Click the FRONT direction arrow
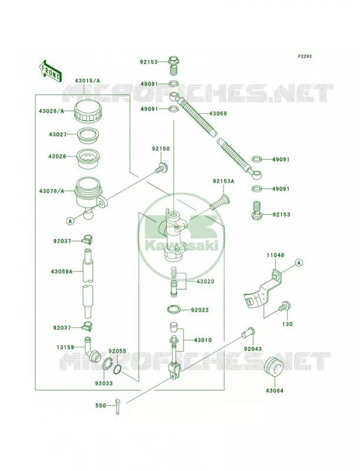(50, 71)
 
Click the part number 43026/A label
(51, 111)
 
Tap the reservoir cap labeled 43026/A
(88, 111)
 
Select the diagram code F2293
(305, 56)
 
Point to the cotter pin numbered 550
(117, 406)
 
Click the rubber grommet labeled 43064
(274, 366)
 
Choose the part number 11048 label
(275, 256)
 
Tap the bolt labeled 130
(284, 307)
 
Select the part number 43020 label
(206, 281)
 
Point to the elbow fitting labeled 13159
(93, 349)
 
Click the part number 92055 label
(117, 351)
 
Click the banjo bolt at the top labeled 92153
(172, 65)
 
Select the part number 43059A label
(62, 271)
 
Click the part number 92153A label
(223, 181)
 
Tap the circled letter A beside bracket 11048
(298, 263)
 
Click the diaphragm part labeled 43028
(88, 159)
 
